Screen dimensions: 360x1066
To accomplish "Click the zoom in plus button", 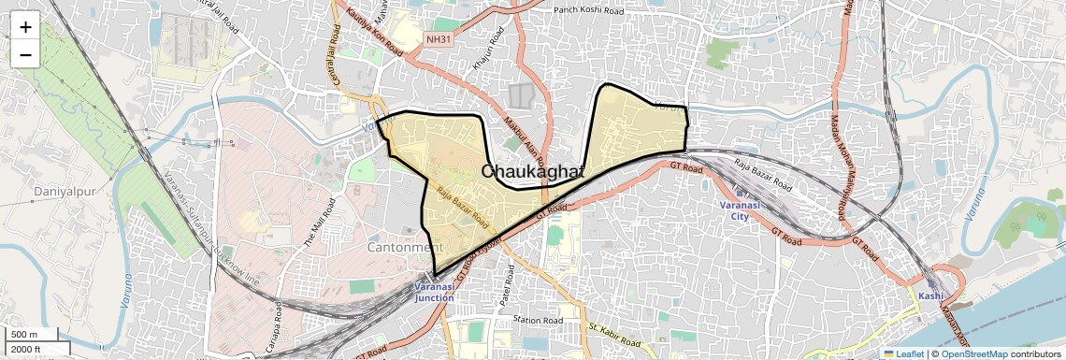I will pos(25,27).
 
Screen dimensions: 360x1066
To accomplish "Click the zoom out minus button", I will pos(25,54).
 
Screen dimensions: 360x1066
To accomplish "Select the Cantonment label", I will pos(404,248).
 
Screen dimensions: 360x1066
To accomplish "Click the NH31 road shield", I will pos(438,39).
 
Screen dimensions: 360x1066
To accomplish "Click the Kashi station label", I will pos(930,295).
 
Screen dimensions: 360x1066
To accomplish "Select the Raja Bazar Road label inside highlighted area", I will pos(462,208).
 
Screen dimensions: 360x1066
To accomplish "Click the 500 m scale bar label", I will pos(25,335).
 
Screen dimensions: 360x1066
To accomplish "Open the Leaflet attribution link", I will pos(904,353).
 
